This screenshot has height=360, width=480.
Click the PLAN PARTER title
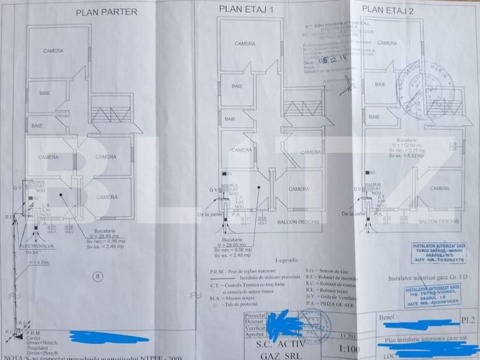click(x=106, y=11)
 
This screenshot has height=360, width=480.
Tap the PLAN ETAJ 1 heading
click(x=246, y=9)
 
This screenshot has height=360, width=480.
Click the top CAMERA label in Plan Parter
click(x=53, y=51)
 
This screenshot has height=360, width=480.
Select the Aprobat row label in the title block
click(x=256, y=334)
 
